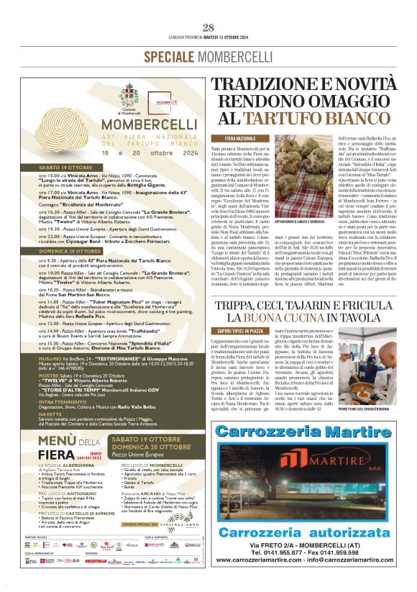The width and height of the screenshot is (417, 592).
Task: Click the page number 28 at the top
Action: point(208,28)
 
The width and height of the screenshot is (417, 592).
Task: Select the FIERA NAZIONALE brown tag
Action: point(240,137)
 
